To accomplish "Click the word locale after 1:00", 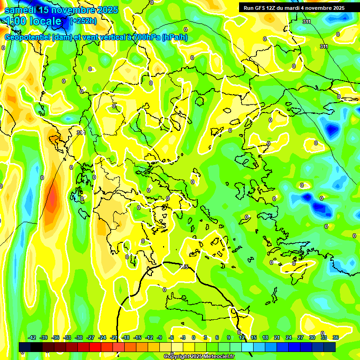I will pyautogui.click(x=45, y=21).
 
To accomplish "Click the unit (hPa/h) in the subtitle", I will pyautogui.click(x=174, y=37).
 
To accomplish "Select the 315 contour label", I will pyautogui.click(x=184, y=267).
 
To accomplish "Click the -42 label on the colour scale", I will pyautogui.click(x=32, y=337).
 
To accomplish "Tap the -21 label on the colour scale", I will pyautogui.click(x=114, y=337).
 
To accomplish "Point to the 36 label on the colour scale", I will pyautogui.click(x=336, y=337).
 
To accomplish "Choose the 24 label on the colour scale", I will pyautogui.click(x=288, y=337).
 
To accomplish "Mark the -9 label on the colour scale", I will pyautogui.click(x=159, y=337).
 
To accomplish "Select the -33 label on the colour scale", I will pyautogui.click(x=67, y=337).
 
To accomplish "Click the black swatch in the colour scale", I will pyautogui.click(x=37, y=347).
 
